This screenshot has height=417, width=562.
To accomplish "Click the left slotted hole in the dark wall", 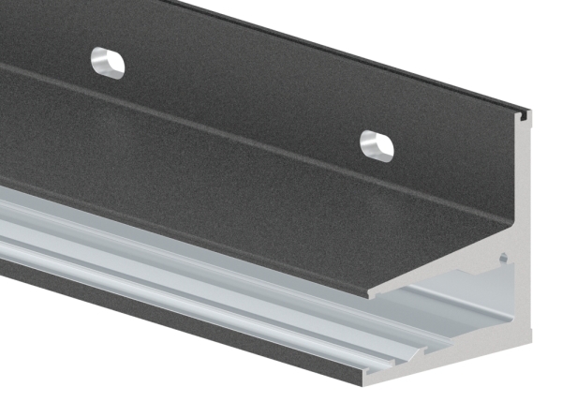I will tap(108, 62).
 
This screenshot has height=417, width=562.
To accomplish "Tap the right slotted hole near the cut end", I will tap(377, 145).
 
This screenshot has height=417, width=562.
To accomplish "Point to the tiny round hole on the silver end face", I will tap(503, 254).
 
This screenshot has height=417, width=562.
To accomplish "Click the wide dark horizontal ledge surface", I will tap(234, 216).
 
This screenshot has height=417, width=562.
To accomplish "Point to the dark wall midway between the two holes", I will tap(244, 103).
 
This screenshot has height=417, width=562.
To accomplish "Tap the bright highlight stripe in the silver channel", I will tap(187, 272).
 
